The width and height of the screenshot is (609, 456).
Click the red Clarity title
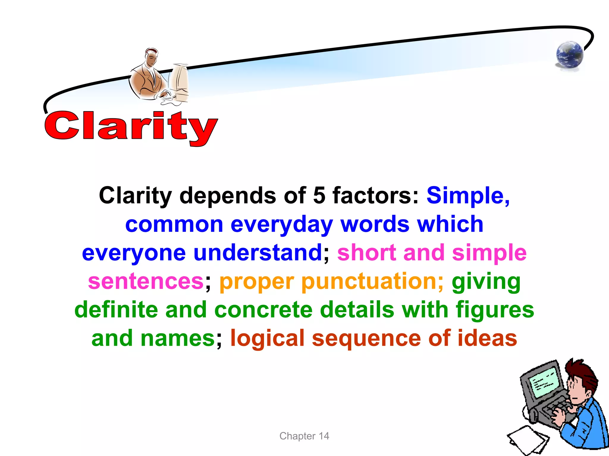[131, 126]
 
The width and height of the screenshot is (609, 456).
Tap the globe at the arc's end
[569, 55]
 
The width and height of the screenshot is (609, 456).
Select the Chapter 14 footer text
[304, 436]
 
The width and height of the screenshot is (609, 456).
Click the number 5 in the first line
[319, 195]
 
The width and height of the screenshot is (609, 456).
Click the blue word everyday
[281, 224]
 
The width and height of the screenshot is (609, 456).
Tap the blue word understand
[258, 253]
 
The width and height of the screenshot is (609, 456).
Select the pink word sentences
[146, 281]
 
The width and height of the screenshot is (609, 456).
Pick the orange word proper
[256, 282]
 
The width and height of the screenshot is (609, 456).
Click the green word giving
[486, 282]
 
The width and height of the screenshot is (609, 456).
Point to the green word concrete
[263, 310]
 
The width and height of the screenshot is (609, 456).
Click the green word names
[177, 338]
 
